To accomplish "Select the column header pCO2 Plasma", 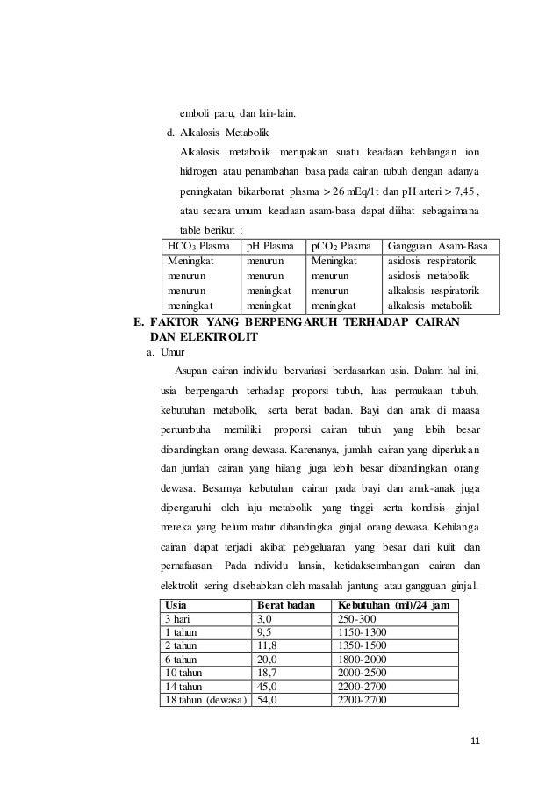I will [x=342, y=247].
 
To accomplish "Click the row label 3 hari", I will [x=181, y=619].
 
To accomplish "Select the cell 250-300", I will [x=358, y=619].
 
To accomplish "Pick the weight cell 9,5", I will [x=262, y=632].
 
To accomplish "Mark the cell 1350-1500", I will [x=362, y=645].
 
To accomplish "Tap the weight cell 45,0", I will [x=266, y=685].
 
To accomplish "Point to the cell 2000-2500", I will [x=362, y=672].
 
